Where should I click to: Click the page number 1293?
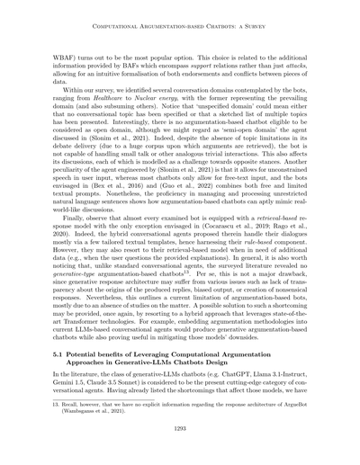coord(180,430)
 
